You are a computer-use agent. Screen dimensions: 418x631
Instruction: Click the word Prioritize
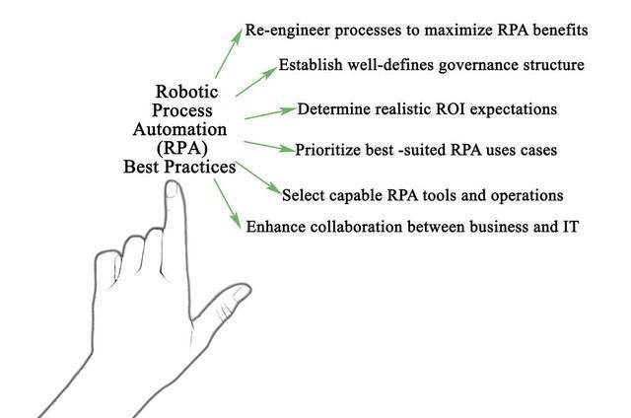[x=333, y=151]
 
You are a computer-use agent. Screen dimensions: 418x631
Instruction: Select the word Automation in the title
[x=187, y=129]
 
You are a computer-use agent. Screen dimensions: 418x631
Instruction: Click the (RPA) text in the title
[x=187, y=148]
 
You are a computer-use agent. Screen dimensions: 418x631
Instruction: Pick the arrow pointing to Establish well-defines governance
[x=254, y=81]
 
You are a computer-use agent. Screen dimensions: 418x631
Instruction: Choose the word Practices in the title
[x=204, y=167]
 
